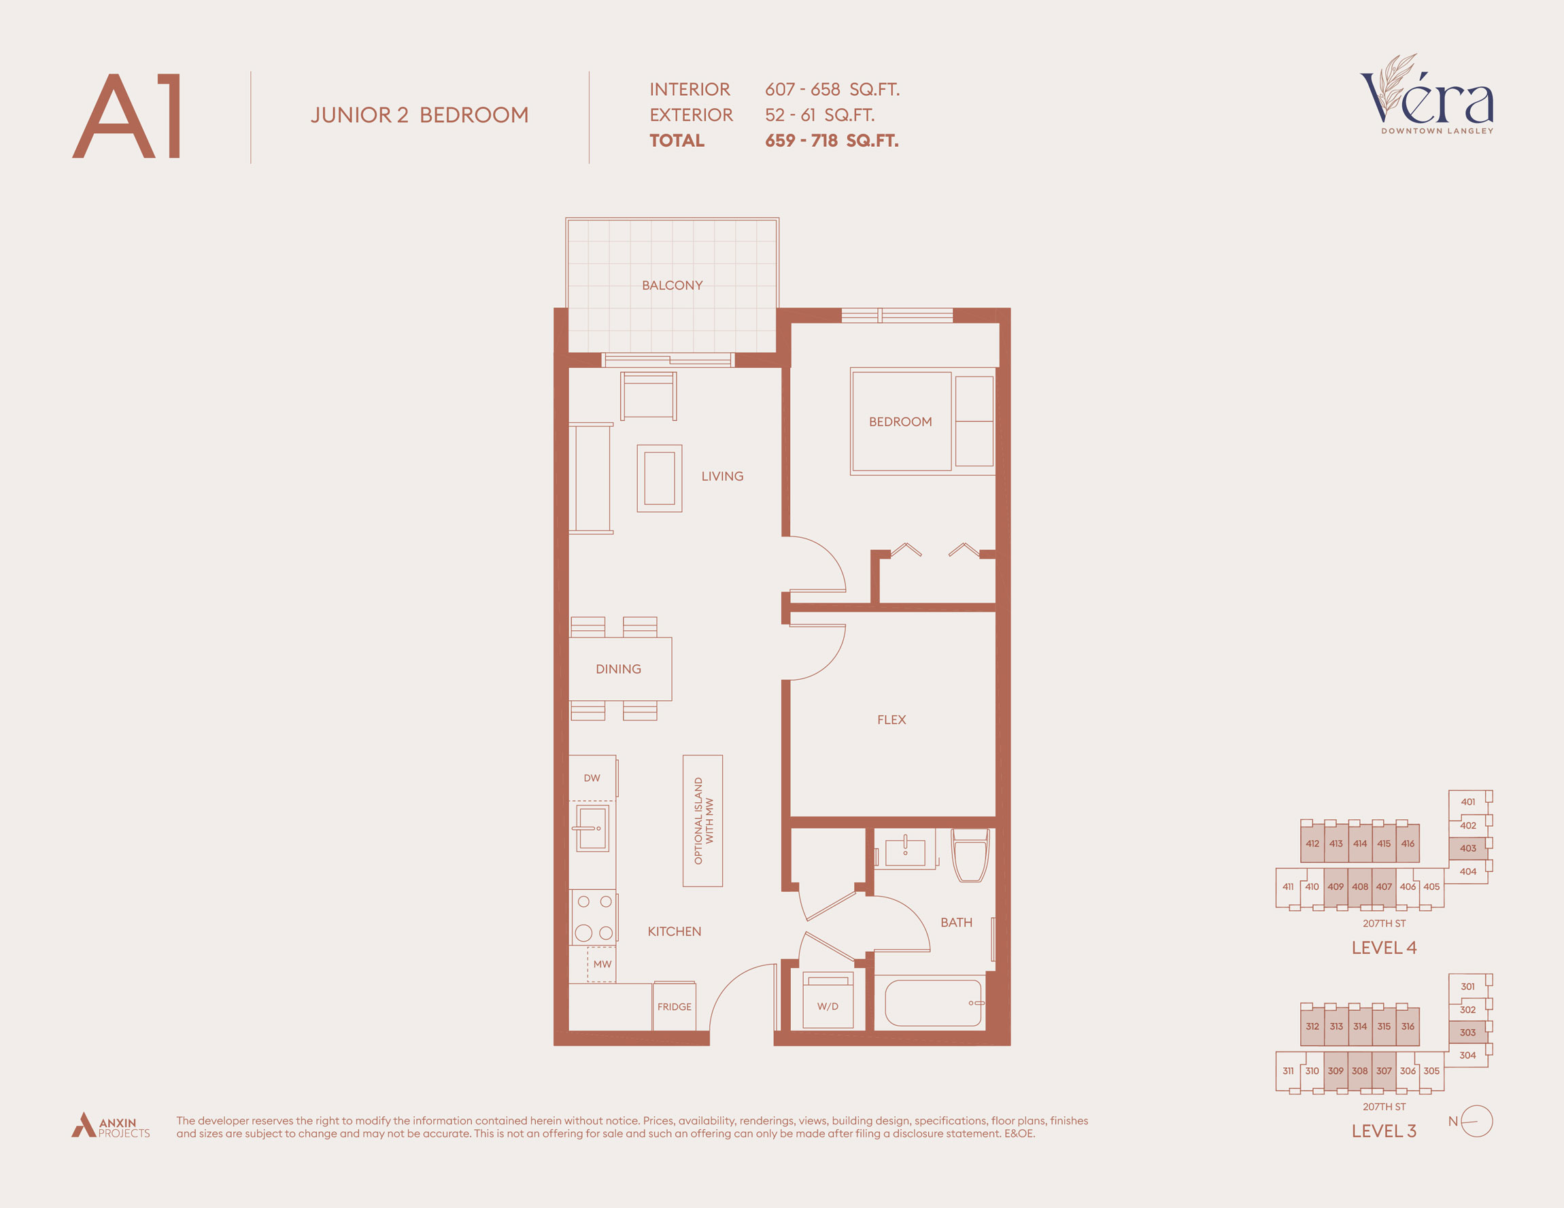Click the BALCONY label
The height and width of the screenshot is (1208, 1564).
pyautogui.click(x=672, y=285)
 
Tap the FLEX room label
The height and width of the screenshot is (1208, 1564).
pyautogui.click(x=891, y=720)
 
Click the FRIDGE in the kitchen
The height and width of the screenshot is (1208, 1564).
pyautogui.click(x=674, y=1006)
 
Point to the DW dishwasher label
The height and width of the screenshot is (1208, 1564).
pyautogui.click(x=592, y=778)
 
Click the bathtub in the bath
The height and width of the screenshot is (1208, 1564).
pyautogui.click(x=933, y=1003)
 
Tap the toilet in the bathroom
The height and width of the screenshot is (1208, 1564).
pyautogui.click(x=970, y=856)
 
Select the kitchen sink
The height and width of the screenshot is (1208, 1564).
pyautogui.click(x=593, y=828)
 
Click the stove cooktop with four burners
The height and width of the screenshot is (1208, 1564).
pyautogui.click(x=594, y=917)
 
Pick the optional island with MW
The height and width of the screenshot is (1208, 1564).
pyautogui.click(x=702, y=821)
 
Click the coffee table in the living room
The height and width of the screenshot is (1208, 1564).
pyautogui.click(x=659, y=479)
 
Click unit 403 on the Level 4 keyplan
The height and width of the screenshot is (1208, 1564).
pyautogui.click(x=1467, y=848)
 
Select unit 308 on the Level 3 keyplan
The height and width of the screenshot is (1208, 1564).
pyautogui.click(x=1359, y=1071)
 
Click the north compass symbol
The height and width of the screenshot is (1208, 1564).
pyautogui.click(x=1475, y=1122)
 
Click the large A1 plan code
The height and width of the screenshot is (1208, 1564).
pyautogui.click(x=127, y=116)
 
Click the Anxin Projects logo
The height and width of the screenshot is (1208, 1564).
pyautogui.click(x=110, y=1126)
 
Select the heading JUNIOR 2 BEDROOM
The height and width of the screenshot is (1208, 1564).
pyautogui.click(x=420, y=116)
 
